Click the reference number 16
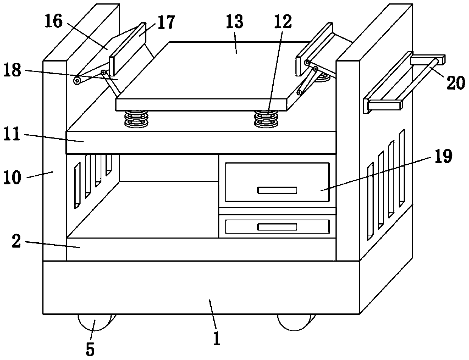pos(54,22)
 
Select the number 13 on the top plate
pos(235,22)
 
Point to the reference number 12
pos(283,22)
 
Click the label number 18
pos(13,71)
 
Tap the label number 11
pos(13,136)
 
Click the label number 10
pos(13,177)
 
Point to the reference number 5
pos(90,349)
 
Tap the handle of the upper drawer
pos(277,190)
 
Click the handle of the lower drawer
pos(277,227)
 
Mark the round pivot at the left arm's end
pos(77,80)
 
